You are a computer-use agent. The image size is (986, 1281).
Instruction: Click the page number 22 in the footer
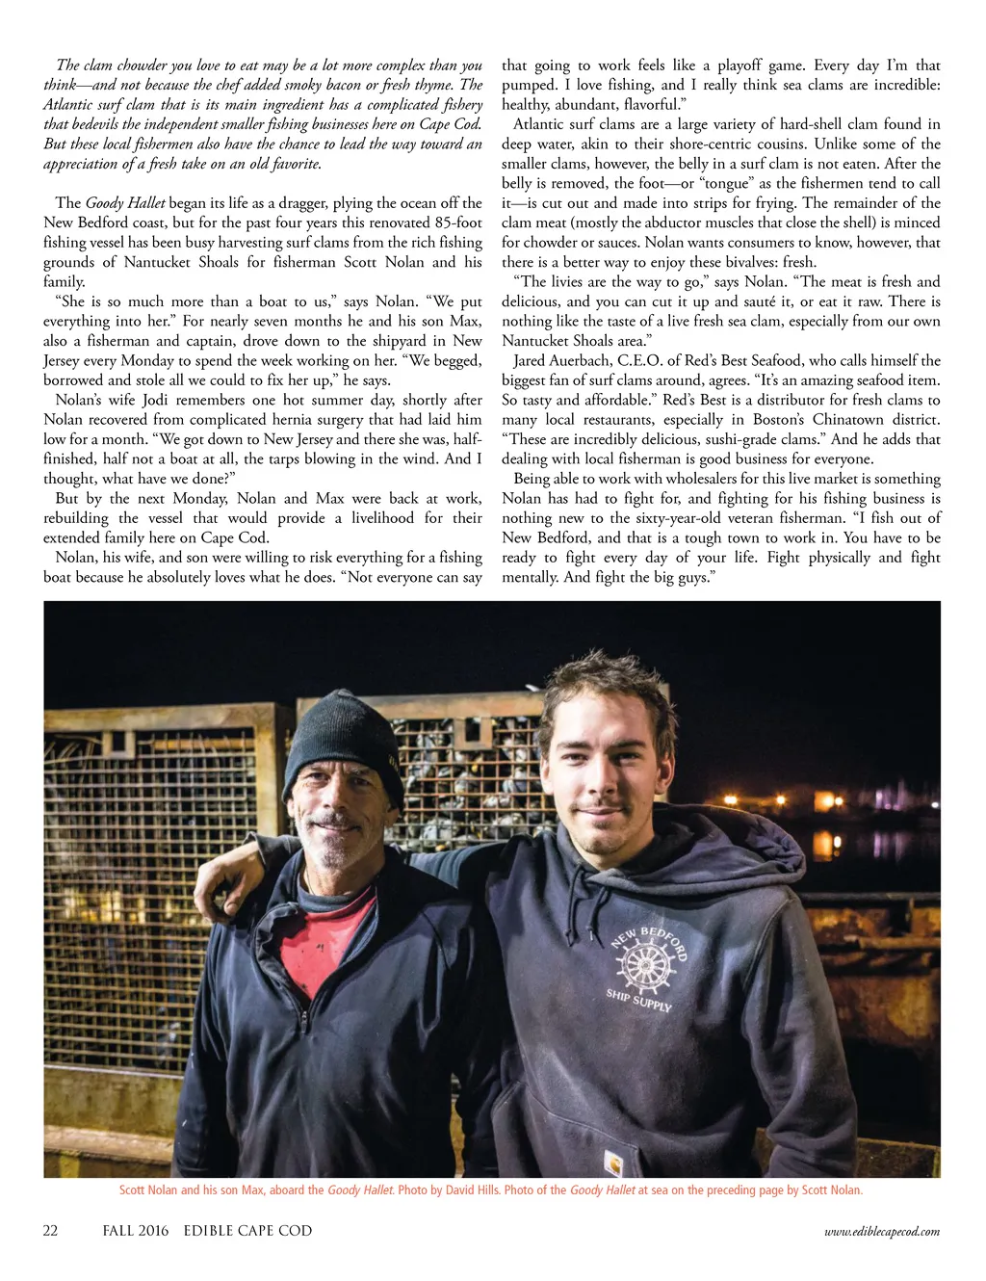click(x=51, y=1230)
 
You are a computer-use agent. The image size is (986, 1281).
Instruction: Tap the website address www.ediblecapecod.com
click(x=882, y=1231)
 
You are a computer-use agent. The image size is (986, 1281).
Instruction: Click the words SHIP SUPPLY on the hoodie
click(x=638, y=999)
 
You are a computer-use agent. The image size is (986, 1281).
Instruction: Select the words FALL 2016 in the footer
click(x=136, y=1230)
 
